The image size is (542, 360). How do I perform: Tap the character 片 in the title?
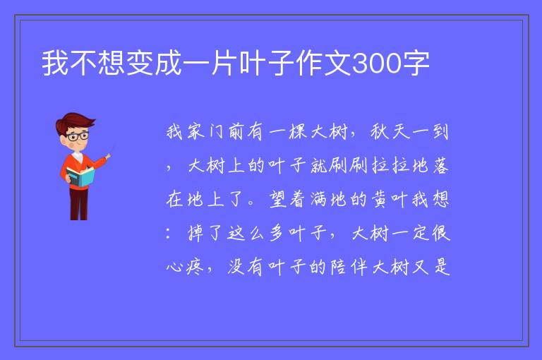click(x=224, y=63)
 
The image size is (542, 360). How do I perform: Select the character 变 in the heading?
click(x=140, y=63)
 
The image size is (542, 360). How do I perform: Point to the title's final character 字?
click(x=416, y=63)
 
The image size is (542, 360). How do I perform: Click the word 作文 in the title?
click(x=324, y=63)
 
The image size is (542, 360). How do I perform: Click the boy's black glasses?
click(x=78, y=136)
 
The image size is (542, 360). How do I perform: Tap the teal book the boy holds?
click(x=80, y=176)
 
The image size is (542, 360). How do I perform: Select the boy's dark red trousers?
click(x=79, y=204)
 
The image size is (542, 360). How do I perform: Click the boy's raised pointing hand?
click(x=108, y=156)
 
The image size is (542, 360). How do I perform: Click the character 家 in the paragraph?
click(x=196, y=132)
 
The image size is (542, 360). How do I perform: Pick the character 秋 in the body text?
click(x=380, y=132)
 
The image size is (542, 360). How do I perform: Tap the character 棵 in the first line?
click(x=298, y=132)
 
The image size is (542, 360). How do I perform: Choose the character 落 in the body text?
click(x=440, y=165)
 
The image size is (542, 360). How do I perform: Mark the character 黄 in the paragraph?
click(x=380, y=199)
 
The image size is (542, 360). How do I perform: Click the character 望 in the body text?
click(x=277, y=199)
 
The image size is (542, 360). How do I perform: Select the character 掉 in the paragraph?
click(x=196, y=233)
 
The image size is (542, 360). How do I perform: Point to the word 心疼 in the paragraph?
click(x=186, y=267)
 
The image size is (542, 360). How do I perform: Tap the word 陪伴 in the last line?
click(x=349, y=267)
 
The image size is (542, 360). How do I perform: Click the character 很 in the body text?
click(x=440, y=233)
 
